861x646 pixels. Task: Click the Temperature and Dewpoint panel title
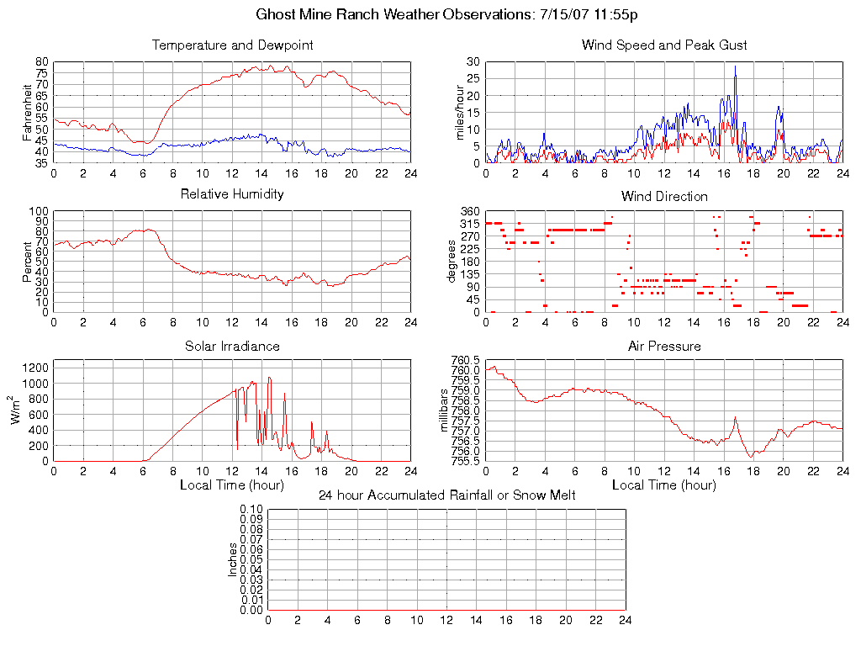point(232,45)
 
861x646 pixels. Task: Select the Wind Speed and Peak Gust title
point(664,45)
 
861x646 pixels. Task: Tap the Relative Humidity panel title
point(232,194)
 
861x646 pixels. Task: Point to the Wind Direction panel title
point(664,196)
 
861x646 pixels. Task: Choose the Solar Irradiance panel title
point(232,346)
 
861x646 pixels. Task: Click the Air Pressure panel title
point(664,346)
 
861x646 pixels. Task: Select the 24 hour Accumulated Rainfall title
point(447,495)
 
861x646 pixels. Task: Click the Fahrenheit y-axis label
point(28,112)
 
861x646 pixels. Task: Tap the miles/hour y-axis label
point(460,112)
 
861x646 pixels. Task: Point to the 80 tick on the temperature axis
point(42,62)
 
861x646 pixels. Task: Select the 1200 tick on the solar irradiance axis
point(38,367)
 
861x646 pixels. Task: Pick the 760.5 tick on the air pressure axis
point(466,360)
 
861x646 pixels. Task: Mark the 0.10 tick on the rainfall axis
point(251,509)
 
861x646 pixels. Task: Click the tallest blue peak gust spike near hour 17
point(735,66)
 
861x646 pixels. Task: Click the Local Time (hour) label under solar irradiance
point(232,484)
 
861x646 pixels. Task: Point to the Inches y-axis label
point(233,559)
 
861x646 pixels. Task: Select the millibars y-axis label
point(446,410)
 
